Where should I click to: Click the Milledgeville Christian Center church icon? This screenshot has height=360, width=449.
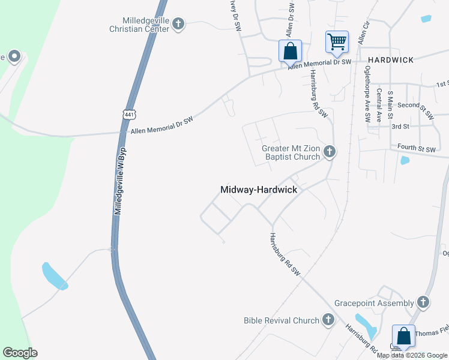point(178,24)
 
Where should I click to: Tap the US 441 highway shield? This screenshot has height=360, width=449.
point(130,113)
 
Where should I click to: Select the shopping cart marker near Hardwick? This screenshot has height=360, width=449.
point(337,42)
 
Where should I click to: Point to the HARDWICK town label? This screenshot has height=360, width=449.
point(391,60)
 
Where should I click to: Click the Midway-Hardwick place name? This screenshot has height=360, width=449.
point(259,190)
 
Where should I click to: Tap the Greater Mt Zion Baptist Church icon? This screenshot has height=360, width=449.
point(329,152)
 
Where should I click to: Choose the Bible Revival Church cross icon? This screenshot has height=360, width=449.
point(328,320)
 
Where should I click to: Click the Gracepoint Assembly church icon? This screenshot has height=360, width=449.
point(423,302)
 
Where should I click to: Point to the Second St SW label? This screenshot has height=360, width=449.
point(415,105)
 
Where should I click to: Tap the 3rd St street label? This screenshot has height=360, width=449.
point(400,127)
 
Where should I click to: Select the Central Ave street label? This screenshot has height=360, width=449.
point(379,105)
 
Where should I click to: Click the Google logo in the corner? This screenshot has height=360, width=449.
point(20,353)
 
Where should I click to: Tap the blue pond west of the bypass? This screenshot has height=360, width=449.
point(54,276)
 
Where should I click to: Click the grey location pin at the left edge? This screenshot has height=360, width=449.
point(14,58)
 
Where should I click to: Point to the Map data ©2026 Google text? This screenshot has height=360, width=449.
point(412,355)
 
